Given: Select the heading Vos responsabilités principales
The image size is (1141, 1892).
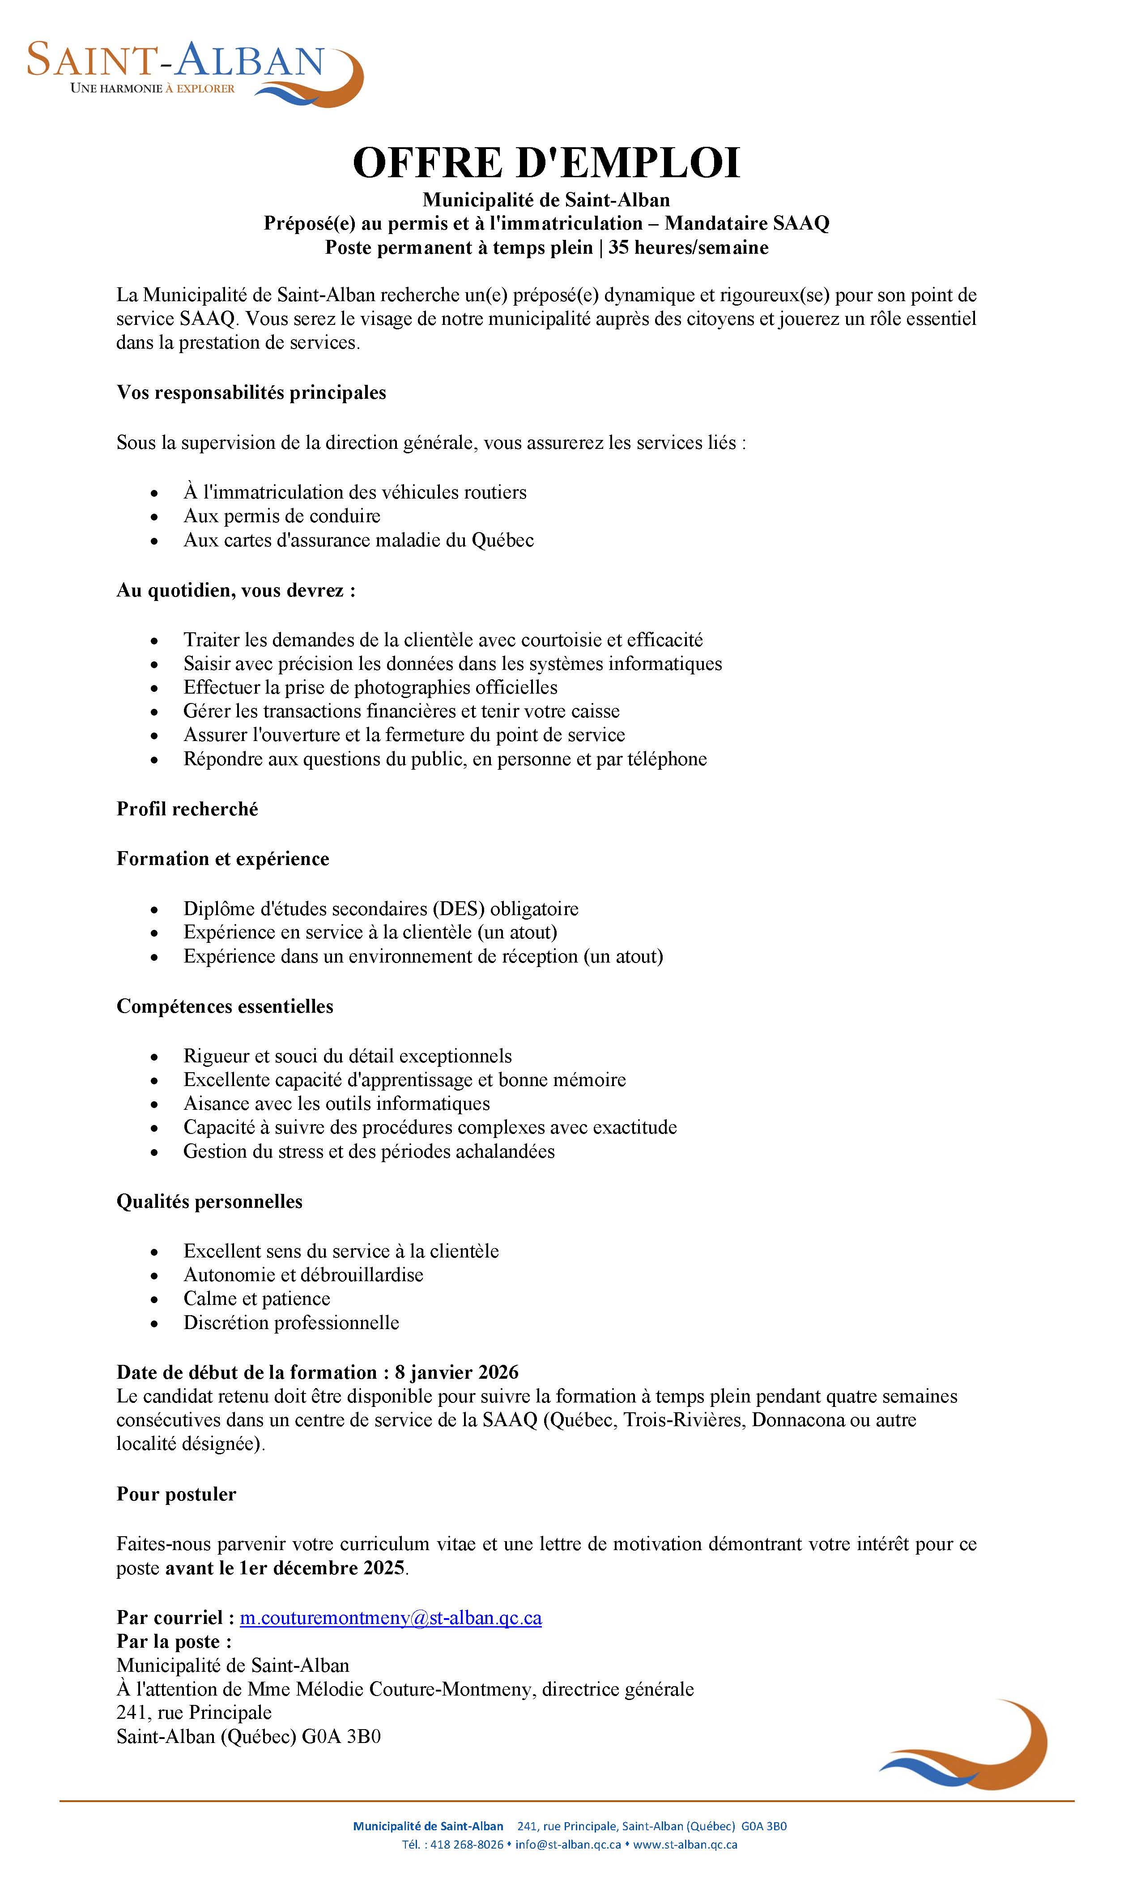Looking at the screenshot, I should point(251,392).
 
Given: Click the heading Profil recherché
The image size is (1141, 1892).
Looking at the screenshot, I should point(187,809).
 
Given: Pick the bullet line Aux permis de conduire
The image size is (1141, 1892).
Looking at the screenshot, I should point(282,516).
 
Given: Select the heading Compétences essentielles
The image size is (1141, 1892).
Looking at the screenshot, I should point(225,1006).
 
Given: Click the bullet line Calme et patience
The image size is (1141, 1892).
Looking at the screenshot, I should point(256,1299).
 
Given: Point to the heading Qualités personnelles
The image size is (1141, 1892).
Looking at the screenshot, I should point(209,1201).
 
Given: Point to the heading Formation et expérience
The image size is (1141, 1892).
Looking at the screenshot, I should point(223,858).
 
